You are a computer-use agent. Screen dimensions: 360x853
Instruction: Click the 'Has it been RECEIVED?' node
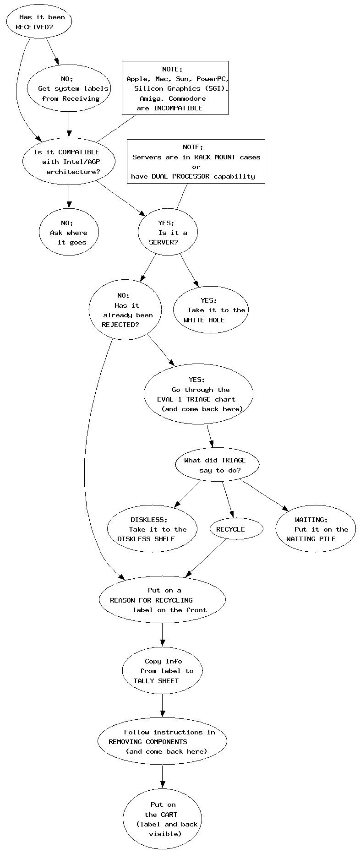click(39, 22)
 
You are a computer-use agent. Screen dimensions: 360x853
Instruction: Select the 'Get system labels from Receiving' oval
click(69, 88)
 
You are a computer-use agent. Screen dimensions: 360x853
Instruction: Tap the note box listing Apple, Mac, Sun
click(175, 88)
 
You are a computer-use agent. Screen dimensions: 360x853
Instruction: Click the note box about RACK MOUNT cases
click(196, 161)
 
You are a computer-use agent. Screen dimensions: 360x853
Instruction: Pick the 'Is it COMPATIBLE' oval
click(69, 162)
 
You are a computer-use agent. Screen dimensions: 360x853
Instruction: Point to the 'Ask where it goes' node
click(69, 232)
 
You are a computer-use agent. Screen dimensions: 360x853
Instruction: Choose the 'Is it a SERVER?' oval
click(168, 232)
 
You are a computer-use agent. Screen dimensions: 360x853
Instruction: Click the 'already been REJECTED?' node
click(125, 310)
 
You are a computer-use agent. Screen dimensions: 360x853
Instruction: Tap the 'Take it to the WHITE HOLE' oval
click(211, 310)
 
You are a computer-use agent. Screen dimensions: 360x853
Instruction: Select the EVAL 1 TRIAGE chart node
click(199, 394)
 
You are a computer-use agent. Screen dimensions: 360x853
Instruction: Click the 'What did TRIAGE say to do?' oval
click(217, 465)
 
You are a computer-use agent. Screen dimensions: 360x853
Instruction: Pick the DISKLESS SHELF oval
click(152, 529)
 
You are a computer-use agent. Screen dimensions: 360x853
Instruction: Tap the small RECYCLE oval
click(236, 529)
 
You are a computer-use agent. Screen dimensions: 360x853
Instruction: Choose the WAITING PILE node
click(316, 529)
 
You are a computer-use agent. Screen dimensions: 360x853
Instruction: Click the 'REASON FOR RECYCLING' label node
click(162, 600)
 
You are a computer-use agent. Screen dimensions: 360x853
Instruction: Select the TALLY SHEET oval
click(162, 671)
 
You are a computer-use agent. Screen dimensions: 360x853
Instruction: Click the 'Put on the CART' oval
click(162, 819)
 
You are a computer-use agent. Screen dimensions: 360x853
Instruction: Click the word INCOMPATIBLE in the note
click(178, 108)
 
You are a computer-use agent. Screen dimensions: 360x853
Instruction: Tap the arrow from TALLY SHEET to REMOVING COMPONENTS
click(162, 706)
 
